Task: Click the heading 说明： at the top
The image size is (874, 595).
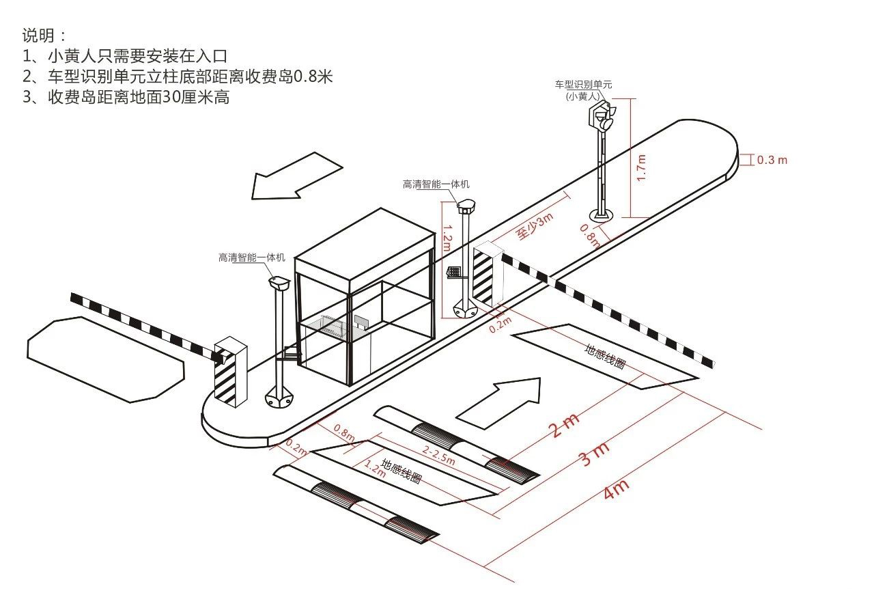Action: click(x=44, y=35)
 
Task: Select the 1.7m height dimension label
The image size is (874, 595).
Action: click(x=641, y=167)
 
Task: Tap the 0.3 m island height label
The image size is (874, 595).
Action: click(x=772, y=160)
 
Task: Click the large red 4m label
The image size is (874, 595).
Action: click(x=617, y=489)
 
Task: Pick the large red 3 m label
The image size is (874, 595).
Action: click(x=594, y=454)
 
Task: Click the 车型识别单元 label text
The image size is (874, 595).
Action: click(x=583, y=85)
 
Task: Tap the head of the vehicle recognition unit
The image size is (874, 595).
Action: click(x=602, y=115)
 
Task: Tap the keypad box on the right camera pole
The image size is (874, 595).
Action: click(x=453, y=272)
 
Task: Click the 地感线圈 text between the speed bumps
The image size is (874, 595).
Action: click(x=401, y=471)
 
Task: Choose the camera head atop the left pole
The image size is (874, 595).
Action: click(x=279, y=281)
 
